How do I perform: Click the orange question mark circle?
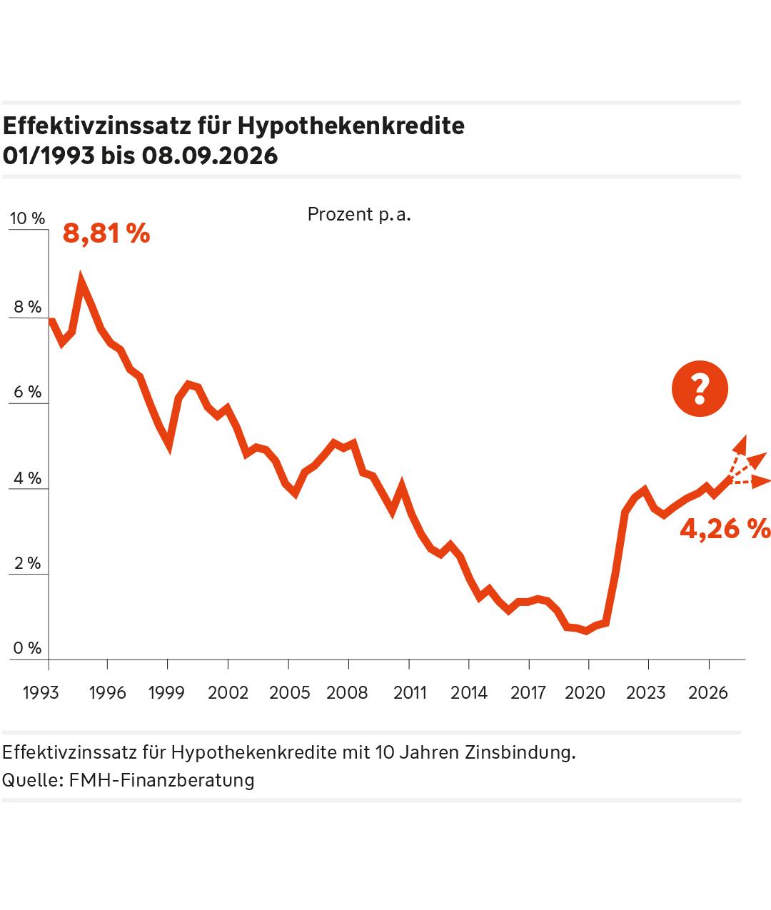pyautogui.click(x=700, y=388)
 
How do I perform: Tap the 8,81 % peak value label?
pyautogui.click(x=106, y=233)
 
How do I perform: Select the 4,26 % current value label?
pyautogui.click(x=725, y=529)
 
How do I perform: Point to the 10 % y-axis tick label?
pyautogui.click(x=27, y=218)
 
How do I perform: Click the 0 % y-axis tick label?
pyautogui.click(x=27, y=647)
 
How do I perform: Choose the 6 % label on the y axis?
pyautogui.click(x=27, y=391)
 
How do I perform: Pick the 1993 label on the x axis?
pyautogui.click(x=41, y=693)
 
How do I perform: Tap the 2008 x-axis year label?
pyautogui.click(x=347, y=693)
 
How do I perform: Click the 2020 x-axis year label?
pyautogui.click(x=585, y=693)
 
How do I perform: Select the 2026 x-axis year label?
pyautogui.click(x=708, y=693)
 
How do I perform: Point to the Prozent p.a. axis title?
pyautogui.click(x=359, y=215)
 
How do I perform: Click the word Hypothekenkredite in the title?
pyautogui.click(x=351, y=127)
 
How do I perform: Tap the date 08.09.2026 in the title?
pyautogui.click(x=210, y=156)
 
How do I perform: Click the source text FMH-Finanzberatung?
pyautogui.click(x=161, y=780)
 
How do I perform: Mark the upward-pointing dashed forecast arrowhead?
pyautogui.click(x=741, y=444)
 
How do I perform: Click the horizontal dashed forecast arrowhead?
pyautogui.click(x=760, y=482)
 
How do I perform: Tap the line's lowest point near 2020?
pyautogui.click(x=586, y=631)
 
